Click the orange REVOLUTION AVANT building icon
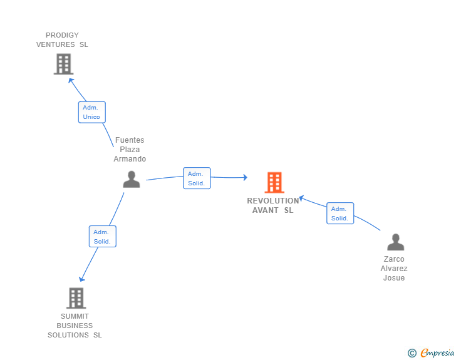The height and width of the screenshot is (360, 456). [x=274, y=183]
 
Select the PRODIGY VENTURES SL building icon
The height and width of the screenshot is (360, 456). [x=63, y=64]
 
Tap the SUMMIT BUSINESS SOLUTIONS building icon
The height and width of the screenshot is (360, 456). [x=76, y=298]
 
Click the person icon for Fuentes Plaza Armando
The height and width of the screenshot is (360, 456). [x=132, y=180]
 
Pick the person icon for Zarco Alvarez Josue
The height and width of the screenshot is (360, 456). [x=395, y=242]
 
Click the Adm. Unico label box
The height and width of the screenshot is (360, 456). [x=92, y=112]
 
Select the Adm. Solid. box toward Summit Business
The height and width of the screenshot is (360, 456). [x=103, y=237]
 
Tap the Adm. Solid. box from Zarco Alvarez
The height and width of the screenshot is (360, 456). [x=340, y=213]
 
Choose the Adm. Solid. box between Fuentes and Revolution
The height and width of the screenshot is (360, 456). [x=197, y=178]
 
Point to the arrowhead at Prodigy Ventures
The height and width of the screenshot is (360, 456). [x=71, y=80]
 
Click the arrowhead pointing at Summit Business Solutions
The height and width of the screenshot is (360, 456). [x=81, y=279]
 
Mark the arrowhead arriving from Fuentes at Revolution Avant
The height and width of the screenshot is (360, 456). [x=246, y=177]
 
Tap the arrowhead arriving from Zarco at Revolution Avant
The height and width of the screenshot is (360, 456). [x=301, y=198]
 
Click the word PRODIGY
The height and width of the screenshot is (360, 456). [x=62, y=35]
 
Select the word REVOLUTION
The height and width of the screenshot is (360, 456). [x=273, y=200]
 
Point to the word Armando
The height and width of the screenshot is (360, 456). [x=130, y=159]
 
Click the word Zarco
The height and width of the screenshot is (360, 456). [x=394, y=259]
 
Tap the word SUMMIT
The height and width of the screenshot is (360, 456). [x=75, y=316]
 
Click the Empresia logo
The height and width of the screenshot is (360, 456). [x=437, y=352]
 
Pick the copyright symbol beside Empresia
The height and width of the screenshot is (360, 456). [x=412, y=353]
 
